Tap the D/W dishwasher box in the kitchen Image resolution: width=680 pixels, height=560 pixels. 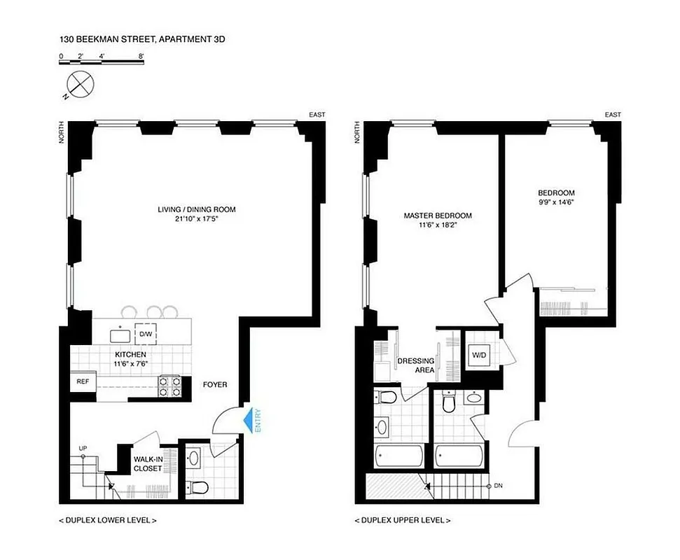146,334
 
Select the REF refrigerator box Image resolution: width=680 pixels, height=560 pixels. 83,382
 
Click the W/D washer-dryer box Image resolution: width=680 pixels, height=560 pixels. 480,354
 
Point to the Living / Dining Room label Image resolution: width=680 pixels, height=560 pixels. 196,209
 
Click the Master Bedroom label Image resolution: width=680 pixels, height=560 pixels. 438,216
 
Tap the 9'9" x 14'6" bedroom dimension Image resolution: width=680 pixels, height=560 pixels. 557,203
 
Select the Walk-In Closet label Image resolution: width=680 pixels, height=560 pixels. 148,464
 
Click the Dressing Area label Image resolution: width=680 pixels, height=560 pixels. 416,365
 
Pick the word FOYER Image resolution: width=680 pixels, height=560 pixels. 215,384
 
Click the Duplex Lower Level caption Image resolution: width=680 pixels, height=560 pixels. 109,520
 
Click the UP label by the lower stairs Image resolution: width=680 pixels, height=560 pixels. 83,449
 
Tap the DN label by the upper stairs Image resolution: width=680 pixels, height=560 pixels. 497,485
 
